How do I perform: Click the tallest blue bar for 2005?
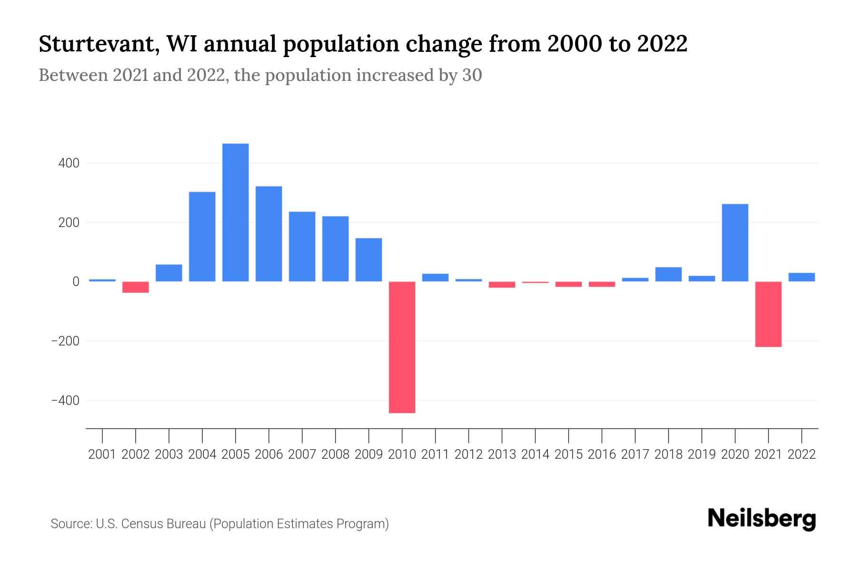(235, 212)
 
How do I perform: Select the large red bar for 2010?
(402, 347)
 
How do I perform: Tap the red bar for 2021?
(768, 314)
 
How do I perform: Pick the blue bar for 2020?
(735, 243)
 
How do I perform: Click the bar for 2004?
(202, 236)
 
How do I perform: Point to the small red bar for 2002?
(135, 287)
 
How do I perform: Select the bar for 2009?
(369, 260)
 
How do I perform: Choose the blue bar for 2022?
(801, 277)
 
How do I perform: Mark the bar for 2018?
(668, 274)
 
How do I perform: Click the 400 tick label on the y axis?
(69, 163)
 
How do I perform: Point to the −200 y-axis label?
(65, 341)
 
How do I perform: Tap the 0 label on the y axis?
(75, 282)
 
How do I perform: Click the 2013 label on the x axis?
(502, 454)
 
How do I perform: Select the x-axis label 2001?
(102, 454)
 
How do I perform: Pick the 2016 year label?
(601, 454)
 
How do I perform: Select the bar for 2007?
(302, 246)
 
